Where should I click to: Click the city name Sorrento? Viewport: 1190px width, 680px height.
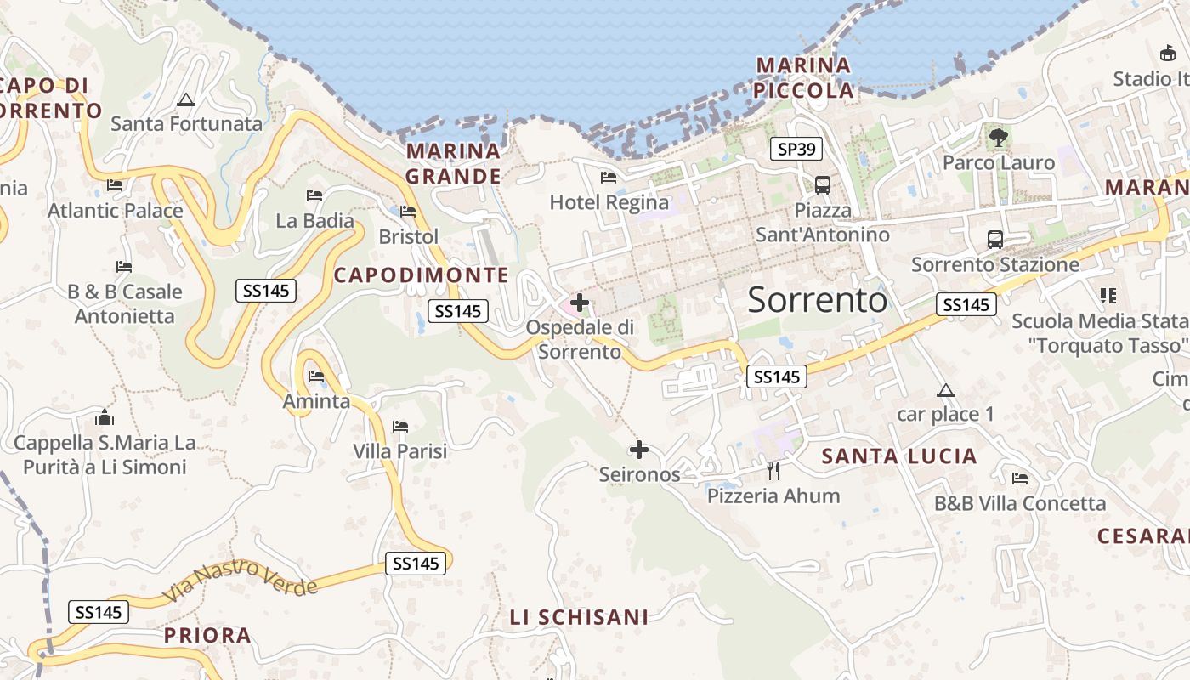pos(817,300)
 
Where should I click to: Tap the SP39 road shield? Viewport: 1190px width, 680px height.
pos(796,150)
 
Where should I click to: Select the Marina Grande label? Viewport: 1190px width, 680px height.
pos(453,164)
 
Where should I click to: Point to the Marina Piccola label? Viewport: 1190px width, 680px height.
pos(804,77)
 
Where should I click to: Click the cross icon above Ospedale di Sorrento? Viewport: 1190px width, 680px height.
pos(580,302)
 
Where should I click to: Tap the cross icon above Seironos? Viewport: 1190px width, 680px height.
pos(639,450)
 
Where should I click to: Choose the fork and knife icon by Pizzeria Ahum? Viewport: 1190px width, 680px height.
pos(773,470)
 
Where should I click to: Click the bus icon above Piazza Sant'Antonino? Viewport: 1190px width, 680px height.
pos(822,184)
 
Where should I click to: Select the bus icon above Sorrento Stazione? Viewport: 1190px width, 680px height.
pos(994,240)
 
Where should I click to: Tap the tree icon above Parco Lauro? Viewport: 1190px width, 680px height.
pos(998,136)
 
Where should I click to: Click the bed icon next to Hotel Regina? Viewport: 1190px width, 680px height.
pos(609,178)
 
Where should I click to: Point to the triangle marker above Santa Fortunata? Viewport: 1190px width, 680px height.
pos(186,99)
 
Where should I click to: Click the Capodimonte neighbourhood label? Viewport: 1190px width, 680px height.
pos(421,275)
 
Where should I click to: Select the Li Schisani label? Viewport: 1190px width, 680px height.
pos(579,617)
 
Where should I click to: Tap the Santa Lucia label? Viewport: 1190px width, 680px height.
pos(898,456)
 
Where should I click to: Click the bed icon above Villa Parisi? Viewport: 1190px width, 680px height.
pos(400,427)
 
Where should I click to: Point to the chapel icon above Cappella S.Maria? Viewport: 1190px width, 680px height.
pos(105,417)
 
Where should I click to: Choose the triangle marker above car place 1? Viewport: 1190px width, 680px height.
pos(945,391)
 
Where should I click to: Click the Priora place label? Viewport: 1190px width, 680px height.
pos(207,635)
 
